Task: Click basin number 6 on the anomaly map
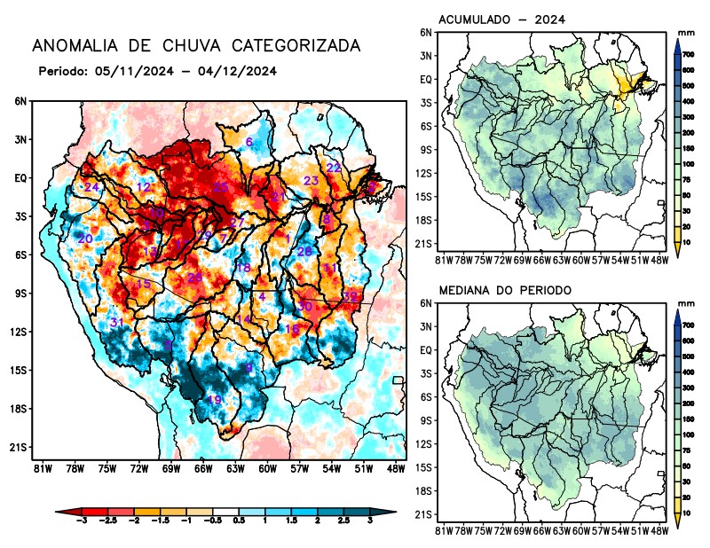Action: click(x=249, y=143)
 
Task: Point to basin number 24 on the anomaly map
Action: click(x=91, y=187)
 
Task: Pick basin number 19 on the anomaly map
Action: click(x=214, y=400)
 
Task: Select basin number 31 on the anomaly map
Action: click(x=116, y=322)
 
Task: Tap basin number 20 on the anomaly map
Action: click(x=85, y=239)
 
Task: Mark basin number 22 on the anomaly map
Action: click(x=334, y=168)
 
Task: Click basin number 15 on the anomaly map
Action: click(x=143, y=284)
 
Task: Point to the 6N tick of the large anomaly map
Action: click(x=20, y=101)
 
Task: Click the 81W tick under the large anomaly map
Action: click(x=40, y=467)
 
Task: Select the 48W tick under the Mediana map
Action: click(x=659, y=530)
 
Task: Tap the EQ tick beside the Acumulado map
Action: click(x=425, y=79)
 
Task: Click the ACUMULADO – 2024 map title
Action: click(x=503, y=20)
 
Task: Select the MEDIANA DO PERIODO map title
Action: click(x=505, y=290)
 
